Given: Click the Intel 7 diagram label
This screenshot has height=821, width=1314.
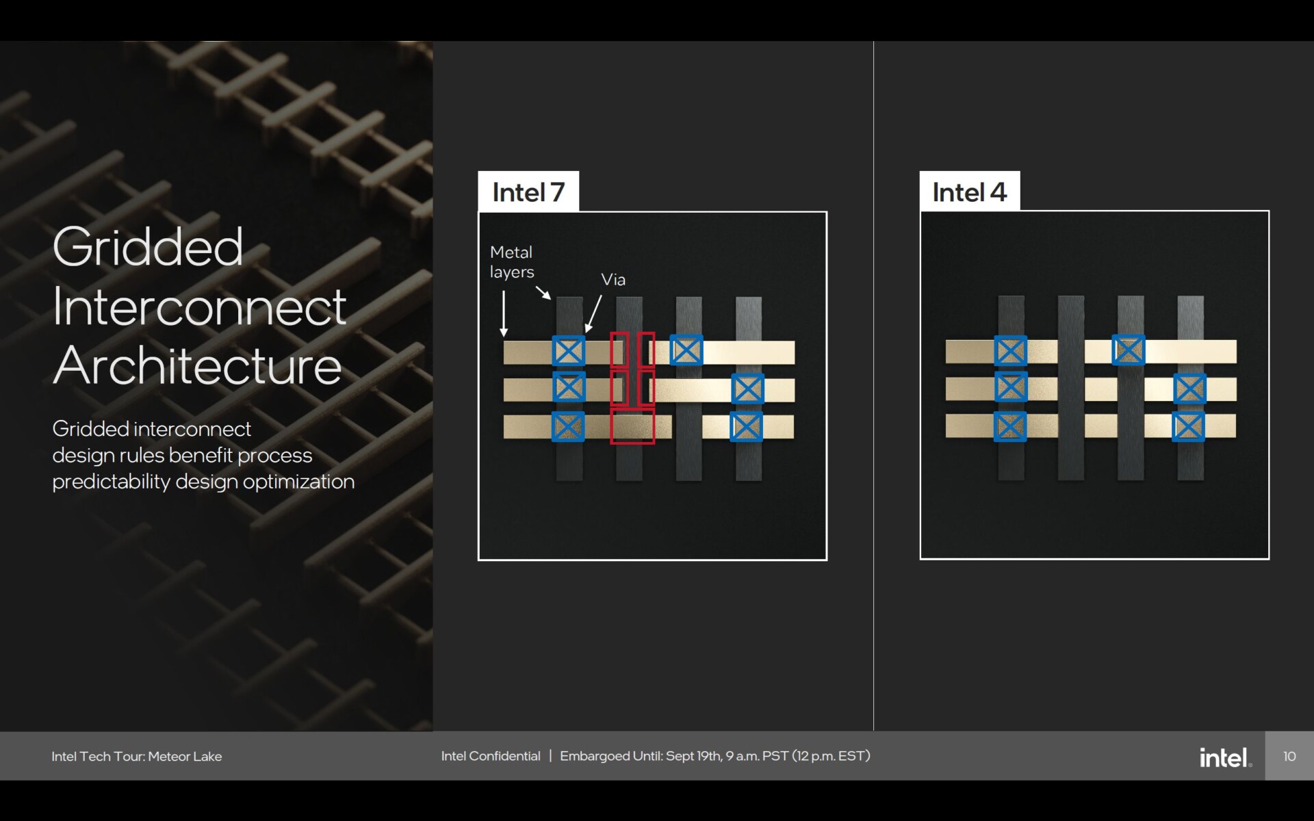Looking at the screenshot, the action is click(x=528, y=192).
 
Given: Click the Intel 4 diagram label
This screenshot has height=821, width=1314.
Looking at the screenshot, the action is click(x=969, y=192).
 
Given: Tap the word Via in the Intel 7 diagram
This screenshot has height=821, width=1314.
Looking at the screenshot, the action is click(x=613, y=279).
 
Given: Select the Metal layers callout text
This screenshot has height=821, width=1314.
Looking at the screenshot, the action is click(x=512, y=262).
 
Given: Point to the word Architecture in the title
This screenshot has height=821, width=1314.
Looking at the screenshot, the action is click(x=197, y=365).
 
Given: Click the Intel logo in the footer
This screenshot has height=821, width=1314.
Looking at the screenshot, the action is click(x=1226, y=757).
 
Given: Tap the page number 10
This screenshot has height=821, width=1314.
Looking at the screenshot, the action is click(x=1289, y=756).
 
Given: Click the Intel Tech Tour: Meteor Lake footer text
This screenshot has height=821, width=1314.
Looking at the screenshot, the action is click(x=137, y=756).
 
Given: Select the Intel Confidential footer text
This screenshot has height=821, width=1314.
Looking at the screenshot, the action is click(x=491, y=756).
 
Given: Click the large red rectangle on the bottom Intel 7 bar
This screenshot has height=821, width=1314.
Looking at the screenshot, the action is click(x=632, y=426).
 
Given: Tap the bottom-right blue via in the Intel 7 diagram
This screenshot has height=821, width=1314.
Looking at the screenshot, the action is click(x=747, y=427).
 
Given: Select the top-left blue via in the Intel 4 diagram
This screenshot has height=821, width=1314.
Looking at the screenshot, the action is click(x=1011, y=351).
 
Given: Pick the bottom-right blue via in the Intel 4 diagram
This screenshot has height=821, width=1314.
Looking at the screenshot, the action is click(x=1189, y=426).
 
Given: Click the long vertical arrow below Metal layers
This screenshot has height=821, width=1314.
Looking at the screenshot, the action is click(x=504, y=313).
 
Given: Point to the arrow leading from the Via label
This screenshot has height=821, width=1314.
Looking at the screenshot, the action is click(x=593, y=314).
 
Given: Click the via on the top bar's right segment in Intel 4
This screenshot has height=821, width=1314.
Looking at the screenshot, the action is click(x=1129, y=350).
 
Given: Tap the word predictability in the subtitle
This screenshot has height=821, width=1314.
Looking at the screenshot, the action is click(x=111, y=482).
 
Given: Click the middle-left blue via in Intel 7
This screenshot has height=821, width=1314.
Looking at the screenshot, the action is click(x=569, y=388).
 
